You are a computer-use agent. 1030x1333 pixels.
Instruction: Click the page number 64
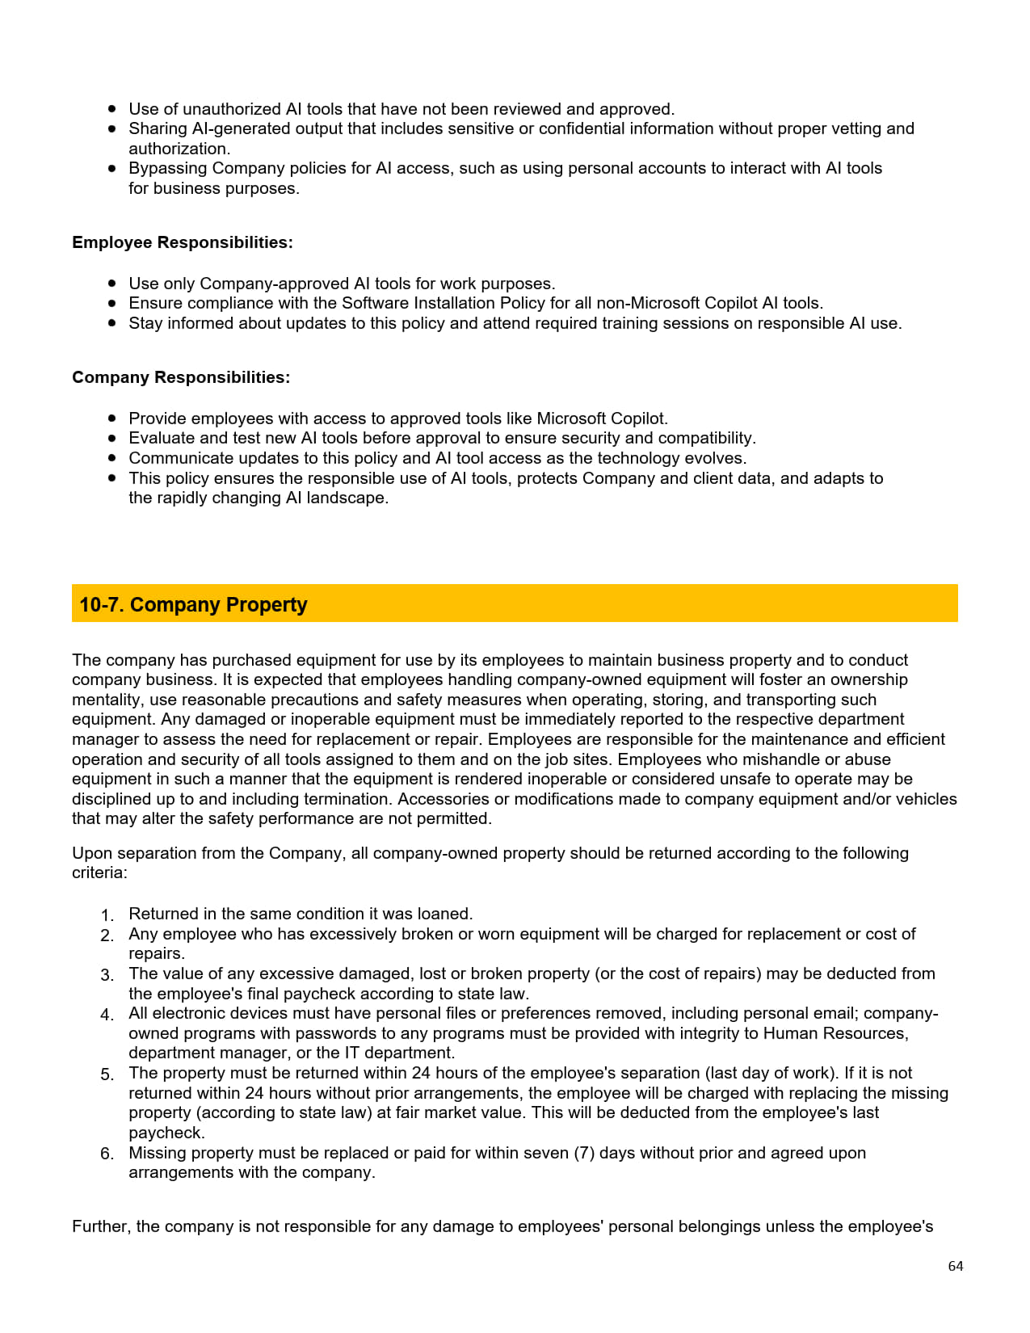[x=955, y=1266]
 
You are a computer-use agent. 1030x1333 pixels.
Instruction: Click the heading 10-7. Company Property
[x=193, y=604]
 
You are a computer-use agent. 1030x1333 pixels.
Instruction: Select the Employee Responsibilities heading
[x=183, y=242]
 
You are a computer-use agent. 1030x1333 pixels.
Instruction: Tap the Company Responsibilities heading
[x=181, y=377]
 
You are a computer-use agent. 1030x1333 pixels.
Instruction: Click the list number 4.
[x=107, y=1015]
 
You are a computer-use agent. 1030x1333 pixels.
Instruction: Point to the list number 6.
[x=107, y=1154]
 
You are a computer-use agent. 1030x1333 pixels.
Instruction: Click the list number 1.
[x=107, y=915]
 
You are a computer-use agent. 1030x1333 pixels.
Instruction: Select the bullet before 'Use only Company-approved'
[x=112, y=284]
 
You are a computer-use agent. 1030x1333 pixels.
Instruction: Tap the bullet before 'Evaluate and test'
[x=112, y=438]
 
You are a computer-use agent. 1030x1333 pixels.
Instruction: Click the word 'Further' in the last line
[x=100, y=1226]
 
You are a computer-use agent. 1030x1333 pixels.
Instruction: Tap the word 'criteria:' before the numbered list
[x=99, y=873]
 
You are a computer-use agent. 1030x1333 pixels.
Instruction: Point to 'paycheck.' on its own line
[x=166, y=1133]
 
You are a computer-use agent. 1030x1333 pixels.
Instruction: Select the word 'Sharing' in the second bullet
[x=158, y=128]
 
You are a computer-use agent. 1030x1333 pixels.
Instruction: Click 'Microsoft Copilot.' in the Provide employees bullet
[x=602, y=418]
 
